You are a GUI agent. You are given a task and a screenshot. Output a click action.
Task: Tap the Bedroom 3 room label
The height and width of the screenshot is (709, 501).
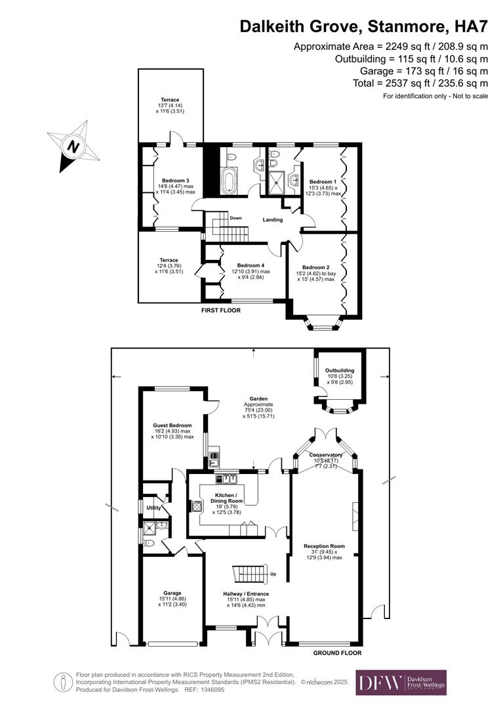click(175, 181)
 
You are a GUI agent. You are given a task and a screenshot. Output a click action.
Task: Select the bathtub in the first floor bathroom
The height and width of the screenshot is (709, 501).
click(229, 181)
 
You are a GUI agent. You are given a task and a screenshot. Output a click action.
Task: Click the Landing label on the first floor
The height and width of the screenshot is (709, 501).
click(273, 220)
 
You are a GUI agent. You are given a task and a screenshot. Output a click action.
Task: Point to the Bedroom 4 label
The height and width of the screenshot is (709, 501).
click(250, 265)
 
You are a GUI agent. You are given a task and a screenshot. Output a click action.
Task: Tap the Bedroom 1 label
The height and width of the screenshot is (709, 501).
click(323, 182)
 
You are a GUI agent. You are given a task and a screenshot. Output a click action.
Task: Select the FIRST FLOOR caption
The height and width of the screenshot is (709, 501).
click(220, 310)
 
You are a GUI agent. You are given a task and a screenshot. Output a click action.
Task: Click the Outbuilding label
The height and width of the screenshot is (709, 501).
click(340, 370)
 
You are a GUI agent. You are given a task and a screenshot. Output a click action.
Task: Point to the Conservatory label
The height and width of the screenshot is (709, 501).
click(327, 455)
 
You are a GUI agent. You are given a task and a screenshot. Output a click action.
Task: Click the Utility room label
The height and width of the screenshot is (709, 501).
click(153, 507)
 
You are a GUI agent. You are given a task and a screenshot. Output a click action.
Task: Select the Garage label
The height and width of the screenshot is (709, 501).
click(172, 593)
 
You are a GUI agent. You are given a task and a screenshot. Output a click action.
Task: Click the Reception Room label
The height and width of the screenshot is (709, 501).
click(324, 546)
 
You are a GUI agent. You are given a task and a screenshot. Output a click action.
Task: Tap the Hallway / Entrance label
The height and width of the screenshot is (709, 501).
click(246, 593)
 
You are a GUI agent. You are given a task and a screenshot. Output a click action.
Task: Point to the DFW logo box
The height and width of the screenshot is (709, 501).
click(401, 683)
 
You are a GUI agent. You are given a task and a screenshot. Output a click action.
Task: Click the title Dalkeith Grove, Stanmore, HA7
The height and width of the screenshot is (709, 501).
click(364, 26)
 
